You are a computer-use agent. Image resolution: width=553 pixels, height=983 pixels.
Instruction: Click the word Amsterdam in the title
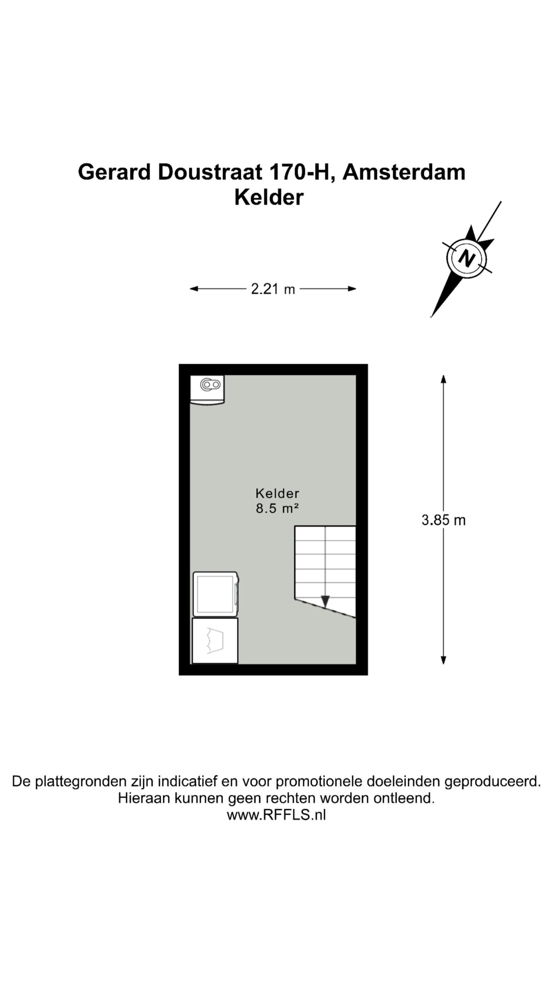point(404,172)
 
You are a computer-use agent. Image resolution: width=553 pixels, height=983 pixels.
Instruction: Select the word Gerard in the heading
point(114,172)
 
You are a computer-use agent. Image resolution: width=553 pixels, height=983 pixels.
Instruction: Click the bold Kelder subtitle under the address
point(269,197)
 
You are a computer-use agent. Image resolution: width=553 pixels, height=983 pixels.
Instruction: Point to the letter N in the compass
point(467,258)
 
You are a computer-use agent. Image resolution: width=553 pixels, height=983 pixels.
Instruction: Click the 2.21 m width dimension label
point(273,289)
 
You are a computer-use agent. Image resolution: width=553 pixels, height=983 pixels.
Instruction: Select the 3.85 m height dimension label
point(444,520)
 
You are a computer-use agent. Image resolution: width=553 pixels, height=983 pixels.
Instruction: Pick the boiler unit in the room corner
point(207,390)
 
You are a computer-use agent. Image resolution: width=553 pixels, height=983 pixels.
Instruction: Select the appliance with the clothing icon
point(215,640)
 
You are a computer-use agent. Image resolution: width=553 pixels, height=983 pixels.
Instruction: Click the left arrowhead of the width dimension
point(194,289)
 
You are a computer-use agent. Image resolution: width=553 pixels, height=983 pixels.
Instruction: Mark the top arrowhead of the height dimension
point(444,379)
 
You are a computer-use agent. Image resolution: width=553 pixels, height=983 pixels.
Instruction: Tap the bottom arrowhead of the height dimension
point(444,660)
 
